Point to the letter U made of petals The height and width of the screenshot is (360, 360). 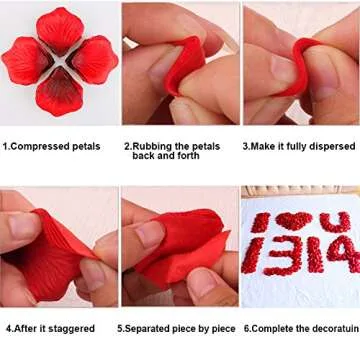coord(336,222)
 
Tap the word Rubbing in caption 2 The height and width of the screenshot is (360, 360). coord(151,145)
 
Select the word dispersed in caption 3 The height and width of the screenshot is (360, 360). coord(331,146)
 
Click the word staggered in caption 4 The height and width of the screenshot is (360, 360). coord(70,328)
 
